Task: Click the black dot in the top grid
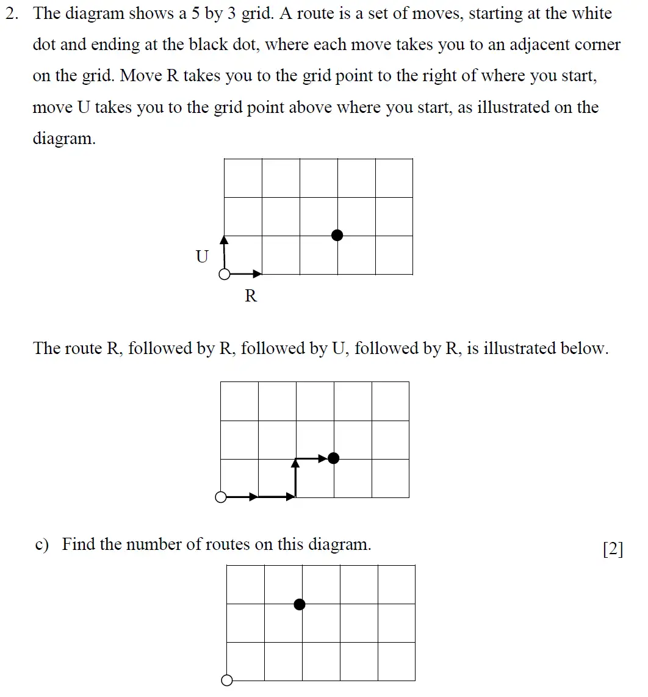pos(337,235)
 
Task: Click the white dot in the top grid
pos(225,275)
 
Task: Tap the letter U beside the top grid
pos(202,256)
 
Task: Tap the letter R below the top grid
pos(251,297)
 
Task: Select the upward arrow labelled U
pos(224,253)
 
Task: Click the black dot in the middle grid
pos(333,458)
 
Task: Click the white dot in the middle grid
pos(221,497)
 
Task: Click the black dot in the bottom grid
pos(299,604)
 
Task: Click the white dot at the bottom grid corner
pos(227,680)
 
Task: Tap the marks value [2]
pos(613,549)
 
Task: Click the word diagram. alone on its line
pos(64,139)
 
